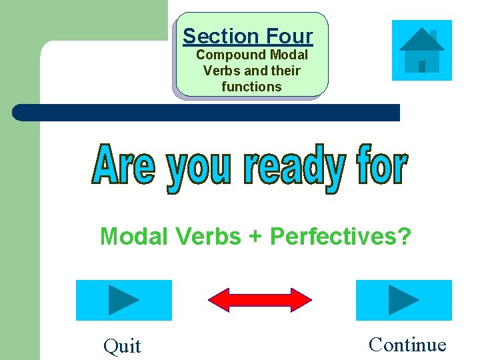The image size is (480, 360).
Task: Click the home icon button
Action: [x=421, y=50]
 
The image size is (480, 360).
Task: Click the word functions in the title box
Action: [x=251, y=87]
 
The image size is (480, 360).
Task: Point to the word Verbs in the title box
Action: [x=219, y=71]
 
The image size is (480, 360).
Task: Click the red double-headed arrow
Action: [x=260, y=300]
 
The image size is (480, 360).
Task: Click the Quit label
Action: [x=122, y=346]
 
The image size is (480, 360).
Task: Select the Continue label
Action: [x=407, y=345]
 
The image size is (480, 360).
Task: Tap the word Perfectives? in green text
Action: [x=340, y=237]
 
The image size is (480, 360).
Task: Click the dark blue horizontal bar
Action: [x=207, y=113]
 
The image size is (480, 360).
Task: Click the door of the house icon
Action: [x=422, y=66]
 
